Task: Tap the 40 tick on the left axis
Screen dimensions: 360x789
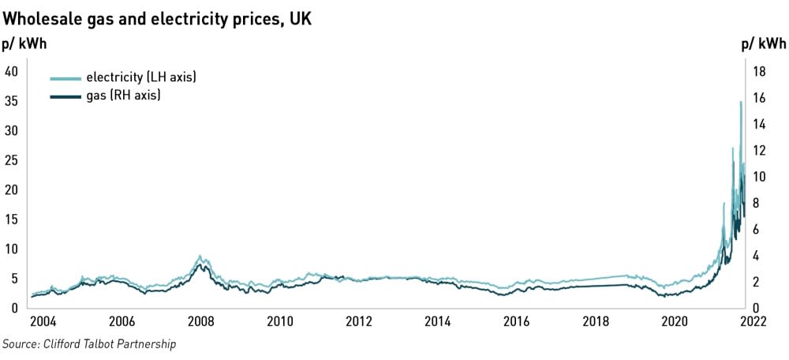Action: [x=11, y=71]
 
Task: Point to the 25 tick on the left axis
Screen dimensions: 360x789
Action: [x=11, y=160]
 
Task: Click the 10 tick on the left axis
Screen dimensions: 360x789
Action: [x=11, y=249]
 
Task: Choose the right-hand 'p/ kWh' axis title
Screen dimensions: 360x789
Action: [x=763, y=45]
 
